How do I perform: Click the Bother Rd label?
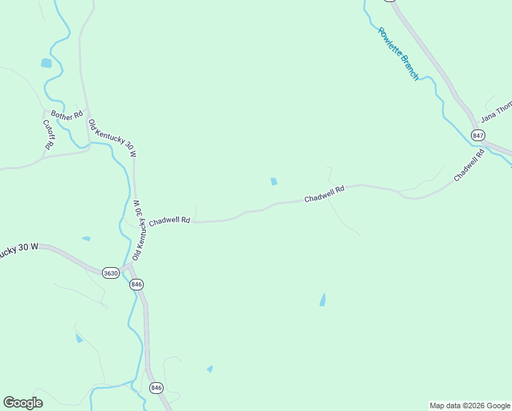point(66,116)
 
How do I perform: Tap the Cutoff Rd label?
point(49,135)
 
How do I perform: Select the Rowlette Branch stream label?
point(398,53)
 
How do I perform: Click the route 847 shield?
point(477,135)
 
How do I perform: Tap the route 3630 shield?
point(110,273)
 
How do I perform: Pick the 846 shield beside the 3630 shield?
point(136,284)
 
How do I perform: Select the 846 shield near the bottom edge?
point(157,388)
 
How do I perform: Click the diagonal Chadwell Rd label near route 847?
point(470,166)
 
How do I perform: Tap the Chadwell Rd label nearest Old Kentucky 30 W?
point(169,221)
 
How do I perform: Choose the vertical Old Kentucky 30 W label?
point(137,230)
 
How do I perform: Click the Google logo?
point(23,403)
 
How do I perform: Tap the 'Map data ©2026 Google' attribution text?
point(470,406)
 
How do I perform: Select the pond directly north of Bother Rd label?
point(46,63)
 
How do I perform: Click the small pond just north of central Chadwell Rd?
point(274,182)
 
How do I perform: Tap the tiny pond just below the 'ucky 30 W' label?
point(86,238)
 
